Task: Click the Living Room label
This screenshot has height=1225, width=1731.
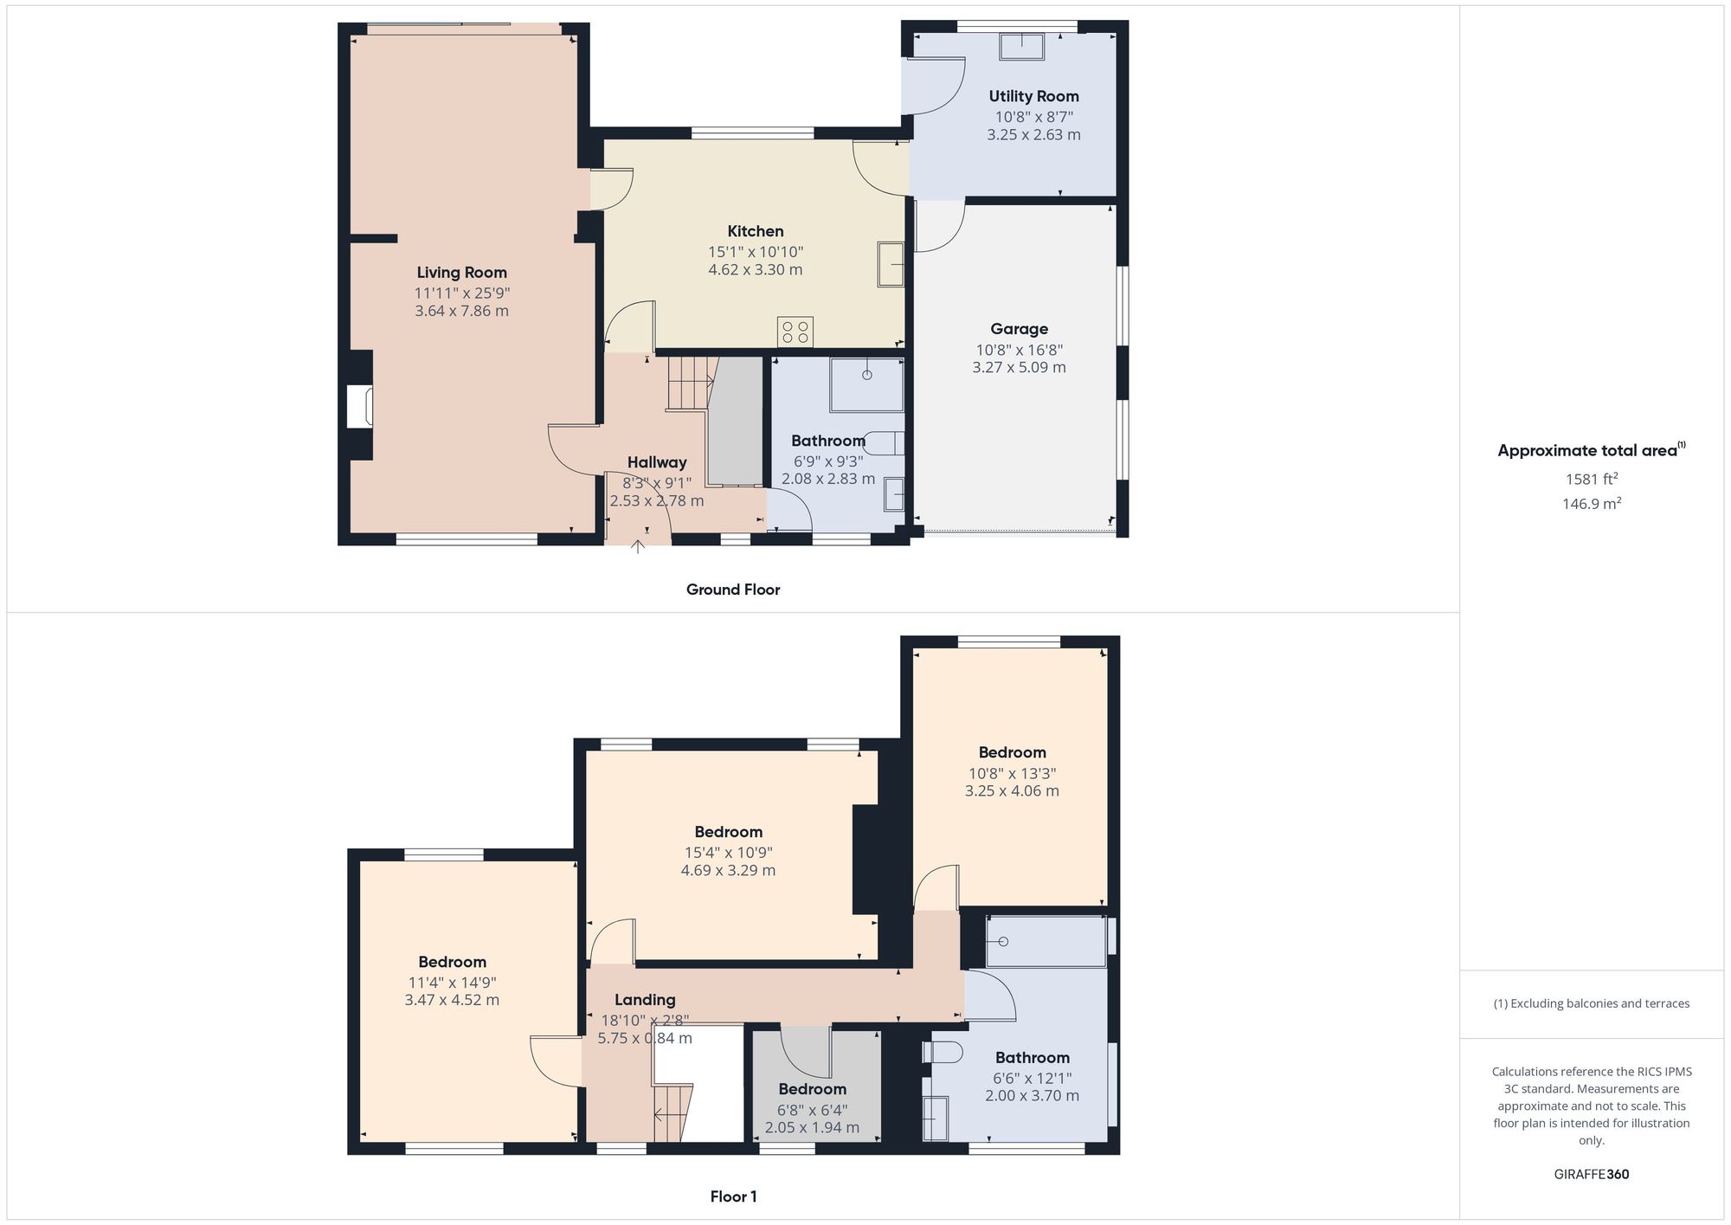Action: click(x=461, y=273)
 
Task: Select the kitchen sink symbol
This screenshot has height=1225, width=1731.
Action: click(x=891, y=264)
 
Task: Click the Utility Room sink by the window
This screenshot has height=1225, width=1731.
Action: click(x=1021, y=47)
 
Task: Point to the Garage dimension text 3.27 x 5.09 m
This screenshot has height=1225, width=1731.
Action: click(x=1019, y=368)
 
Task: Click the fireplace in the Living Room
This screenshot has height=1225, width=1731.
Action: click(x=359, y=407)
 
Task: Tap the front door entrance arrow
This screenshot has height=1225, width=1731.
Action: click(x=638, y=546)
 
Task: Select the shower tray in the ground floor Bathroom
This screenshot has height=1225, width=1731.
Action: click(x=866, y=384)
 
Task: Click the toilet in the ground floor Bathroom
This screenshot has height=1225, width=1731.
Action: click(x=885, y=443)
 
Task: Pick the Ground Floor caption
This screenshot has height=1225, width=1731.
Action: click(x=733, y=590)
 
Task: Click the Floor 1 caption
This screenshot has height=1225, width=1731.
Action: click(x=733, y=1197)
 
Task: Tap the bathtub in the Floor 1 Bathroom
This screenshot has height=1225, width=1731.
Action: click(x=1046, y=941)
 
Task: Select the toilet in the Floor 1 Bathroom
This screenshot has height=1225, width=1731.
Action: click(x=943, y=1052)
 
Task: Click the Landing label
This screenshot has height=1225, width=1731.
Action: click(x=645, y=1000)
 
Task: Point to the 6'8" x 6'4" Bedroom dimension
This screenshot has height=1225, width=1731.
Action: click(x=812, y=1110)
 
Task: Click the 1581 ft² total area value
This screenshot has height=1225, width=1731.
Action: click(x=1591, y=479)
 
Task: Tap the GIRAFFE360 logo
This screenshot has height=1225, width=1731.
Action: click(x=1591, y=1175)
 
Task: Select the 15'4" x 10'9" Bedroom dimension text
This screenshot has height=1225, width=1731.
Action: click(x=728, y=853)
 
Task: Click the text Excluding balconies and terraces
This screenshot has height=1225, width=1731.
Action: click(x=1591, y=1004)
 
